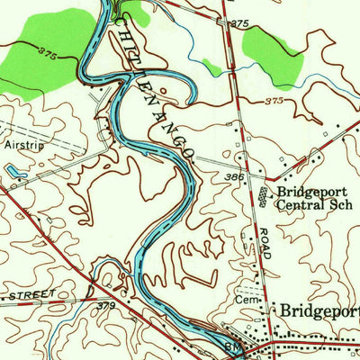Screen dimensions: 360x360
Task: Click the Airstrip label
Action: [25, 143]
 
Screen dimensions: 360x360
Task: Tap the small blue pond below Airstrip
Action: [14, 168]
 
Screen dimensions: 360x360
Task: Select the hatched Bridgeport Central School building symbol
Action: [263, 195]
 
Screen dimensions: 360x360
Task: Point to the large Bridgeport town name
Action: [320, 310]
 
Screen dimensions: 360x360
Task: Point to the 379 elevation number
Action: [106, 305]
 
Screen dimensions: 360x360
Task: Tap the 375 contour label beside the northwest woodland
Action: [49, 56]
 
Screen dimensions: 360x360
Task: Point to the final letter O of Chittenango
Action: [188, 156]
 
